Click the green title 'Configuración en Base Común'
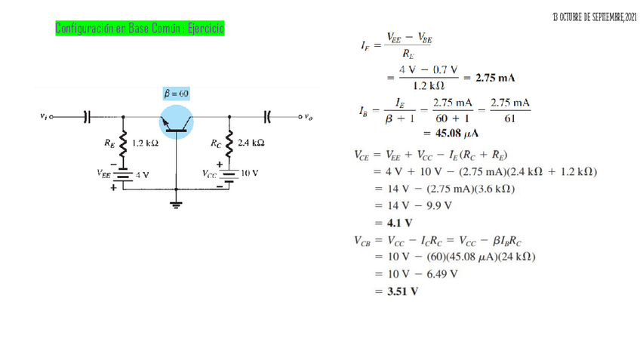[x=140, y=29]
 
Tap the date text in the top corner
[x=594, y=17]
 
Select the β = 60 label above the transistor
[x=177, y=94]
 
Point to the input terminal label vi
[x=45, y=116]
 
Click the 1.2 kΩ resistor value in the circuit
[x=144, y=143]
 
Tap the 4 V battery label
[x=141, y=174]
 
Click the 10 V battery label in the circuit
[x=251, y=173]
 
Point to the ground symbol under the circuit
[x=177, y=203]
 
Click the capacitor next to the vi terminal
[x=86, y=116]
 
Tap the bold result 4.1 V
[x=399, y=223]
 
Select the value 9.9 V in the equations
[x=438, y=205]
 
